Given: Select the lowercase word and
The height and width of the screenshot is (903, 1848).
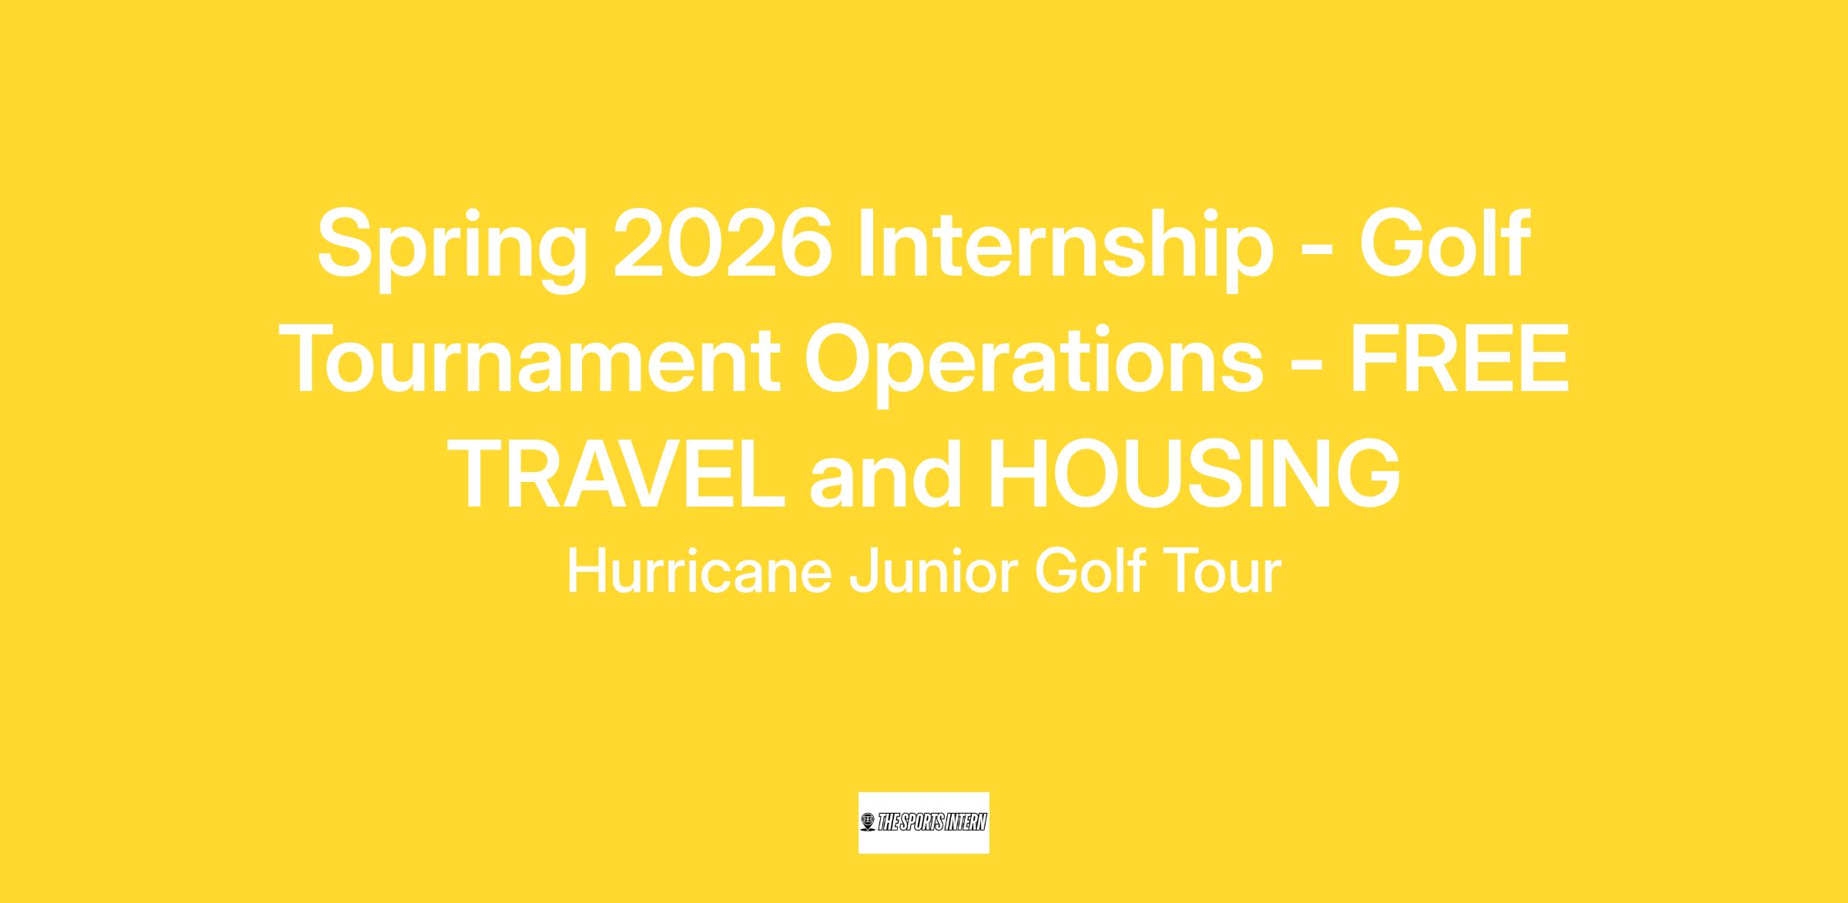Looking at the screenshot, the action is pyautogui.click(x=885, y=474).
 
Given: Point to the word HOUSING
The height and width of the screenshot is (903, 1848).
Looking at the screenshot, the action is pyautogui.click(x=1193, y=474).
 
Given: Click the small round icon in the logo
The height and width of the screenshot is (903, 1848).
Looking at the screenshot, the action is pyautogui.click(x=868, y=822).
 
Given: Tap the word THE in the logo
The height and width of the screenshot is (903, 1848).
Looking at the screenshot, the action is pyautogui.click(x=888, y=822).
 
